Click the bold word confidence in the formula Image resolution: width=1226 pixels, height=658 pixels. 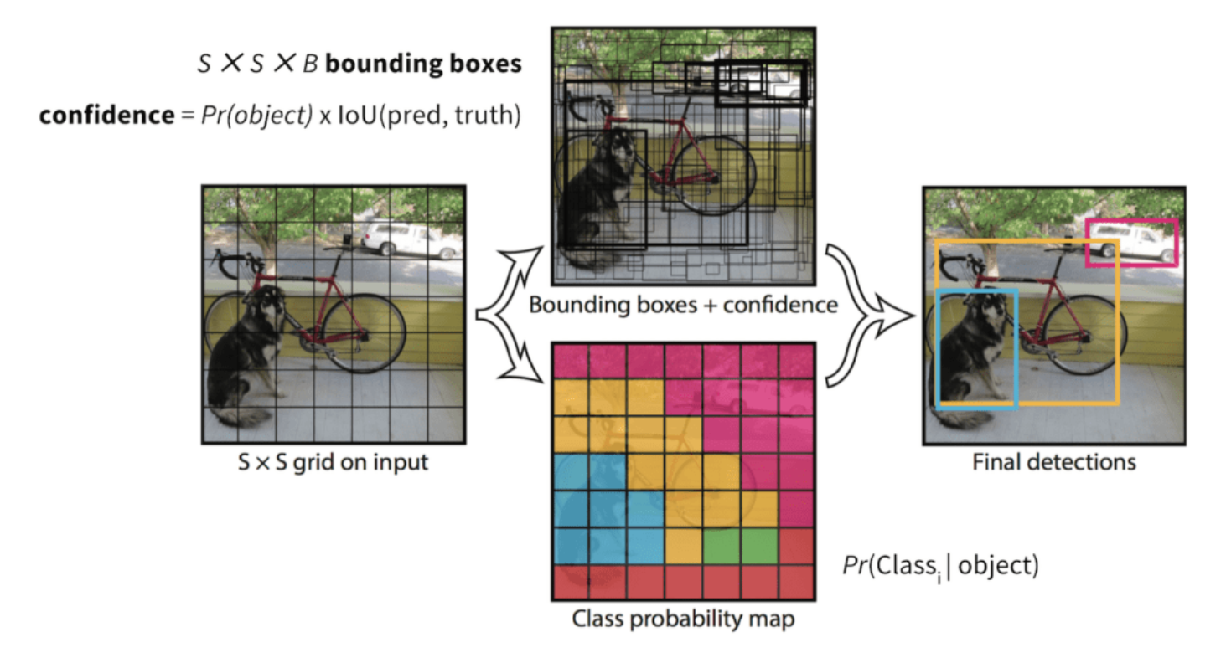(x=105, y=115)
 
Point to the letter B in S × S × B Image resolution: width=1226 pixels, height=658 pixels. (x=310, y=64)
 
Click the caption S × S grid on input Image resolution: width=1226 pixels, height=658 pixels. (x=333, y=461)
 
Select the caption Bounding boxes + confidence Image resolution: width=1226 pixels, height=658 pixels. (x=683, y=305)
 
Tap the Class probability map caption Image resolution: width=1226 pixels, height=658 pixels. (x=683, y=619)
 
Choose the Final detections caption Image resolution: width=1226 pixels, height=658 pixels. (x=1053, y=461)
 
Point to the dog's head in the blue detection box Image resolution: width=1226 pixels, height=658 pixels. (x=985, y=314)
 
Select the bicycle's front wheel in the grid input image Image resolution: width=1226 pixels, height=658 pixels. (x=365, y=333)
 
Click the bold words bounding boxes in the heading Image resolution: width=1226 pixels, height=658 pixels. (x=423, y=64)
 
